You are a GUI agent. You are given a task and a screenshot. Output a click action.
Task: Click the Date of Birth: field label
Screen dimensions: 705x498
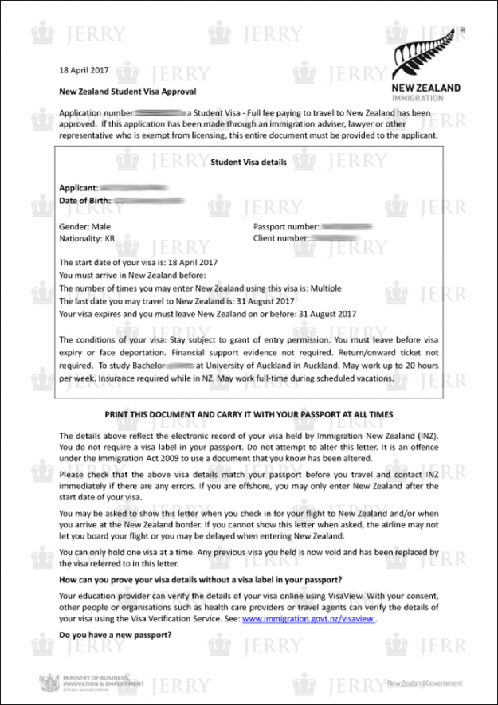[x=85, y=201]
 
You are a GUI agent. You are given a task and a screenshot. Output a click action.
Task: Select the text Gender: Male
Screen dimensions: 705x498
[x=85, y=227]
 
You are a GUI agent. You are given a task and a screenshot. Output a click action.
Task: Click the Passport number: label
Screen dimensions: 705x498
[x=286, y=227]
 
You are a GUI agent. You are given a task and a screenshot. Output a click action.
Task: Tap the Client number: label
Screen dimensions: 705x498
[x=280, y=238]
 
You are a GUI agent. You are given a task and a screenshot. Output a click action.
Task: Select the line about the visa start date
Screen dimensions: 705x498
[x=137, y=262]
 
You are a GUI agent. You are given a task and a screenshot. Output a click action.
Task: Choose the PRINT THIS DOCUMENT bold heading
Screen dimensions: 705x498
[x=249, y=415]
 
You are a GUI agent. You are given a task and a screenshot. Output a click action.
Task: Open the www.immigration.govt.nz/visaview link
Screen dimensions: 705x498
[x=308, y=618]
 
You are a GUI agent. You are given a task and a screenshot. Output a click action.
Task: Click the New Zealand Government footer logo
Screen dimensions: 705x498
[x=424, y=683]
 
